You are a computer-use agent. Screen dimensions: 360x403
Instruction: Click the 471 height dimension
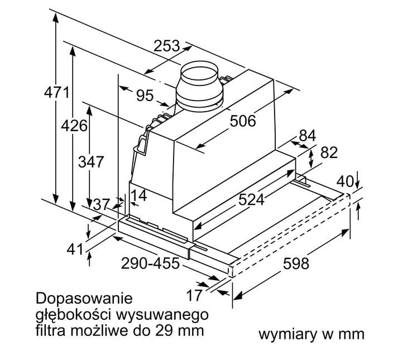coord(57,92)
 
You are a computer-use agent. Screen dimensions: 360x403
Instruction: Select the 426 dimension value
coord(74,126)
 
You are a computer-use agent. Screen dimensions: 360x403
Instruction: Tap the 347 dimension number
coord(91,162)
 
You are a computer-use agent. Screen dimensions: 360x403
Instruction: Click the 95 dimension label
coord(145,95)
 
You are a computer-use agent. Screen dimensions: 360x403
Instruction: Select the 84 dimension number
coord(308,135)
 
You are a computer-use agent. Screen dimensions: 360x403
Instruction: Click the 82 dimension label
coord(329,152)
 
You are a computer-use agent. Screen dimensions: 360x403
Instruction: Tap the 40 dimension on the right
coord(346,182)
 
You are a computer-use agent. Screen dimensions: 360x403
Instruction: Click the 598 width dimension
coord(296,263)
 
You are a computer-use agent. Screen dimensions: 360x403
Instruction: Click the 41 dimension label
coord(75,249)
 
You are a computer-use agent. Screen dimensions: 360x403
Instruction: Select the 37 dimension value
coord(102,205)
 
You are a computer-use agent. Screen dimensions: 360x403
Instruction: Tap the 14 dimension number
coord(139,196)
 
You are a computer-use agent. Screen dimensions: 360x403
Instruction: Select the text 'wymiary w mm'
coord(311,334)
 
